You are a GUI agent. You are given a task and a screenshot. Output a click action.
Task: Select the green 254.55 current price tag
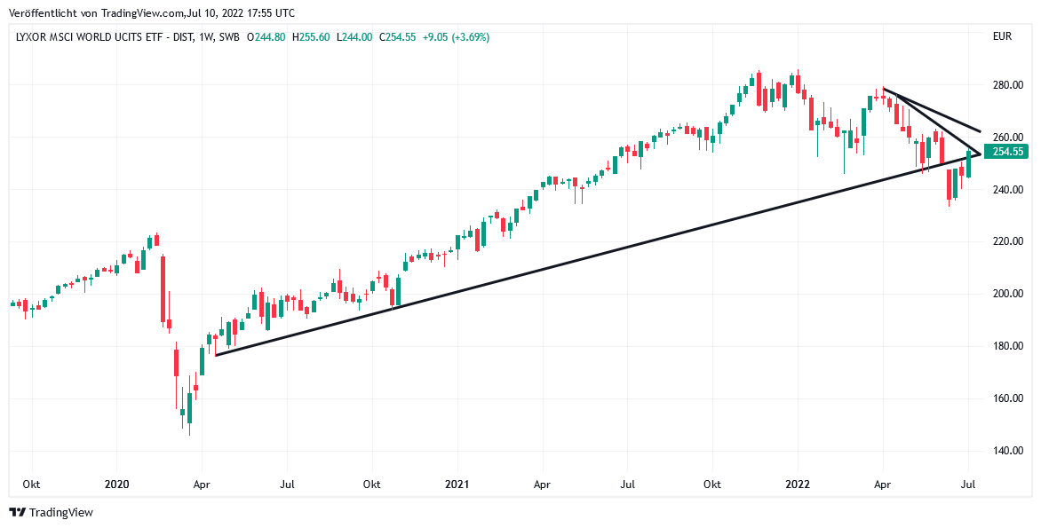click(x=1008, y=152)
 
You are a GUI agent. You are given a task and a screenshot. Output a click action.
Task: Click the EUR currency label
click(x=1003, y=37)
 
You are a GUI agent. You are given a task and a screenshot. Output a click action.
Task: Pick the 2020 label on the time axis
click(x=117, y=485)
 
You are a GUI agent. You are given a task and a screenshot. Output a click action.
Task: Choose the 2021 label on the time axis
click(x=457, y=485)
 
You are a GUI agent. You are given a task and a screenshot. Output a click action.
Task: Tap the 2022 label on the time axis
click(x=798, y=485)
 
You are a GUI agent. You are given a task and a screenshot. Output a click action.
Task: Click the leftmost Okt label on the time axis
click(x=32, y=485)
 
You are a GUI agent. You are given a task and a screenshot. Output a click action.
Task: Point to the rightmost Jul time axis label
click(x=968, y=485)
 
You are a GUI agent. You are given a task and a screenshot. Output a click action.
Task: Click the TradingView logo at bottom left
click(x=51, y=512)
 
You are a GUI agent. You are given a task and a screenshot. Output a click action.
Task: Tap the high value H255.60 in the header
click(x=311, y=37)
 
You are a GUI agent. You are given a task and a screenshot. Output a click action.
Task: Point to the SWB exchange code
click(x=229, y=37)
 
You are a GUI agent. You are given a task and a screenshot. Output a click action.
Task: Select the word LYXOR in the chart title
click(x=33, y=37)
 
